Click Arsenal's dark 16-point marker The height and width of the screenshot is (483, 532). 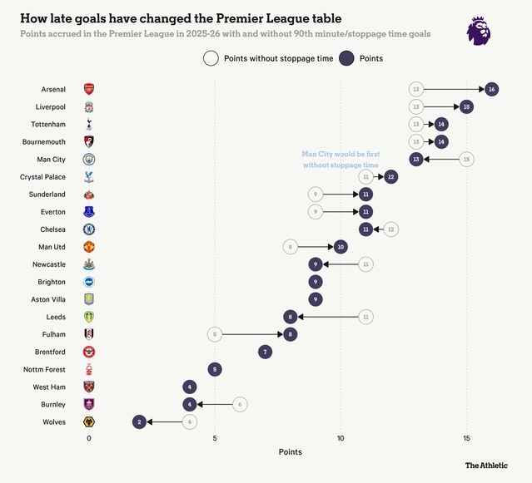click(x=492, y=89)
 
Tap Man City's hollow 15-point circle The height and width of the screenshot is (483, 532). click(x=467, y=159)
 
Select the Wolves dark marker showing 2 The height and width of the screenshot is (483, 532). click(x=139, y=422)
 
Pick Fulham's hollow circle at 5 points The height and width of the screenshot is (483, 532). click(x=215, y=334)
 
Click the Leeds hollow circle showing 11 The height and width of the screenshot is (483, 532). click(x=365, y=317)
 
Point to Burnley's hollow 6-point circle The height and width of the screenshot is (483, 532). click(x=240, y=404)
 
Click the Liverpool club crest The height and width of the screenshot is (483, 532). click(x=89, y=107)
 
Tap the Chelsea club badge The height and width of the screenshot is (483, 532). click(x=89, y=229)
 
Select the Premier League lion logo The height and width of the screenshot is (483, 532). click(x=478, y=30)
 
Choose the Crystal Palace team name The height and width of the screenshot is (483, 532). click(x=43, y=177)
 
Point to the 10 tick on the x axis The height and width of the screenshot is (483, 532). click(x=341, y=437)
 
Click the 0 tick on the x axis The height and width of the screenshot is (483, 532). click(x=89, y=437)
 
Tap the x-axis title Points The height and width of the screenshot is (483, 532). click(x=291, y=452)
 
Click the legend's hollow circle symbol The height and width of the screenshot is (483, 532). click(x=211, y=58)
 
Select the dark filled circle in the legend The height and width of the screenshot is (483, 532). click(x=345, y=58)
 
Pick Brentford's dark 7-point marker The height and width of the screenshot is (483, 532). click(x=265, y=352)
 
